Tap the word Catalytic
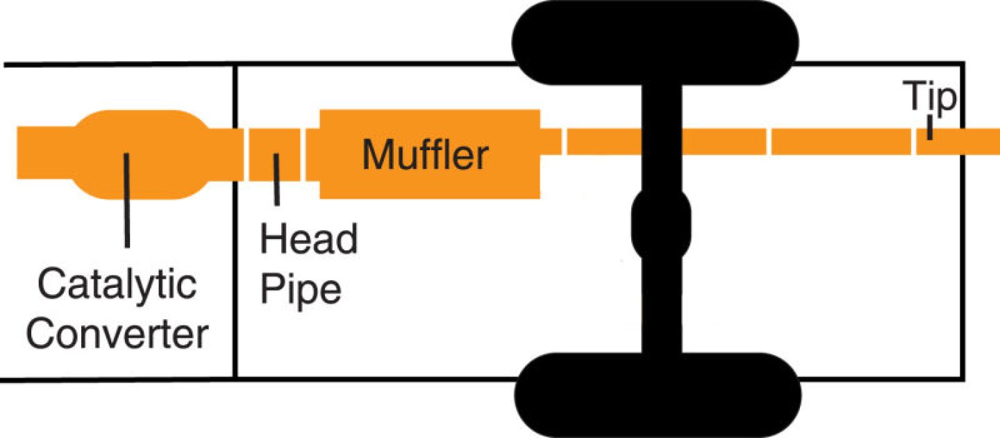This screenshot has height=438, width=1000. coord(117,285)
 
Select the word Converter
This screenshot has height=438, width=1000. coord(119,334)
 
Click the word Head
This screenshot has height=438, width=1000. coord(308,239)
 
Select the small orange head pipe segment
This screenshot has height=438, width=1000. coord(274,154)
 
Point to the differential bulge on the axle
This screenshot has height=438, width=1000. coord(661,224)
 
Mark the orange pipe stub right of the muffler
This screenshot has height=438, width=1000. coord(551,142)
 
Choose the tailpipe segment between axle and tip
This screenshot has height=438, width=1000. coord(840,142)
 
